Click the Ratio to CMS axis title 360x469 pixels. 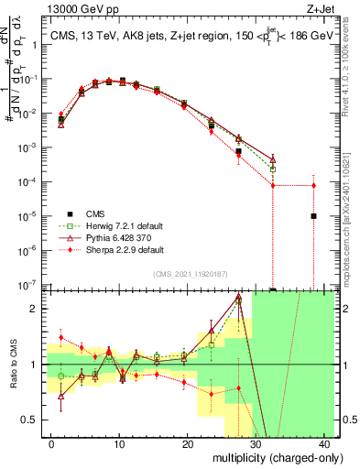12,365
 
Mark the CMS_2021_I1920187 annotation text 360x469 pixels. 190,274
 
